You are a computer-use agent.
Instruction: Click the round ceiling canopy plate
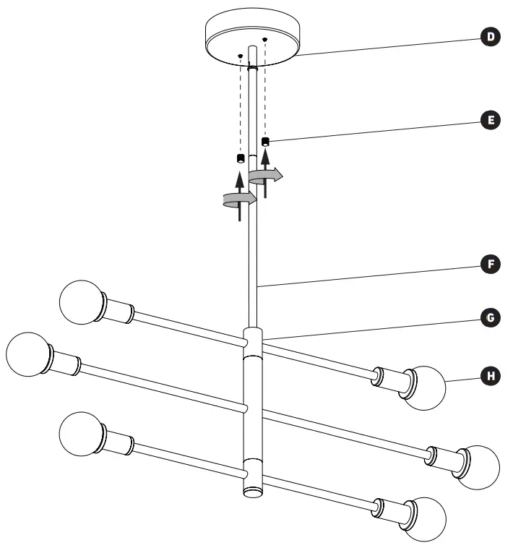252,36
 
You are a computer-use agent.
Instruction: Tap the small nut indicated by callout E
265,142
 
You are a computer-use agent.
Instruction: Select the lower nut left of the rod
241,158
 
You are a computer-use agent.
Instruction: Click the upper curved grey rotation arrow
265,174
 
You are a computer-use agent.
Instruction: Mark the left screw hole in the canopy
240,55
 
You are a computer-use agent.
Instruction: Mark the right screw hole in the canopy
265,38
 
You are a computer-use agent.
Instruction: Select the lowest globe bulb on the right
425,518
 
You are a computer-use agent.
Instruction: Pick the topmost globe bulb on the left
81,301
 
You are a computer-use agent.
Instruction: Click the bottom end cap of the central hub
252,492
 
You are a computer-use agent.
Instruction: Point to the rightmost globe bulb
478,466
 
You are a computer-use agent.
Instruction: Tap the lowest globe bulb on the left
81,432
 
